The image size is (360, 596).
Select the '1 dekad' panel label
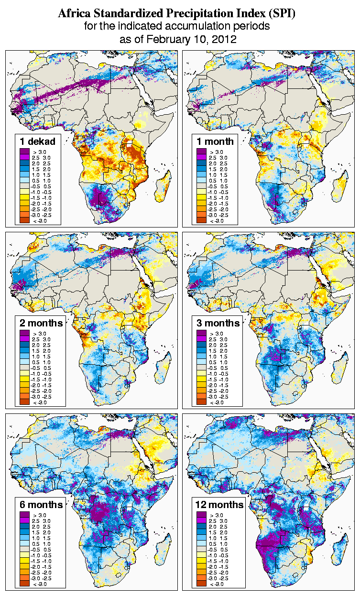tap(38, 141)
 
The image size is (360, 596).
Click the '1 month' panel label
tap(215, 141)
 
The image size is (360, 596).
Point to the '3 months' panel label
tap(218, 323)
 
